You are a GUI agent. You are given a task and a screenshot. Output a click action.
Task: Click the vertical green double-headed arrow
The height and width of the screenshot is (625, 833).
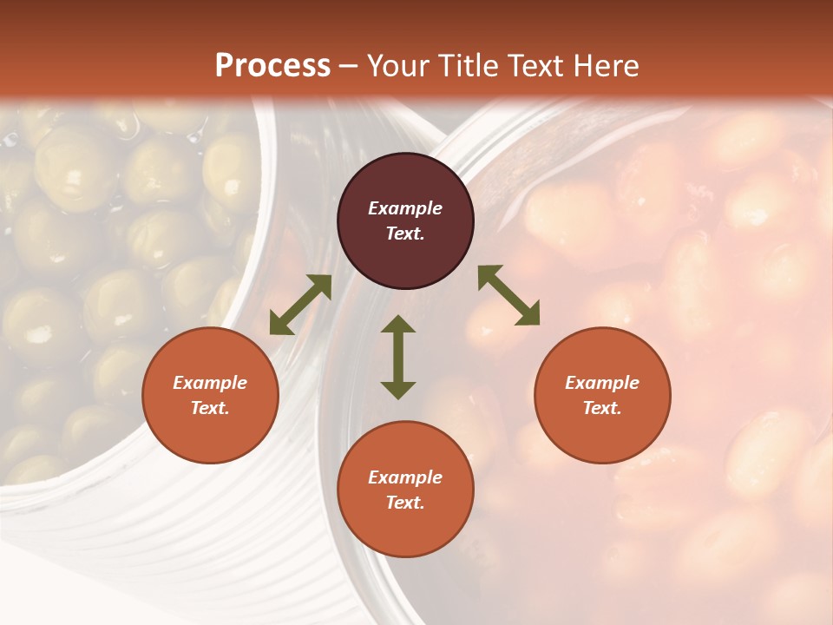click(398, 357)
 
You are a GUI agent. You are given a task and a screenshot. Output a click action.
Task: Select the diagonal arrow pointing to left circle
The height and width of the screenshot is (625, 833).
click(300, 305)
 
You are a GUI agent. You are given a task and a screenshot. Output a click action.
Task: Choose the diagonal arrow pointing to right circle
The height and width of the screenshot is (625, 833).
click(508, 296)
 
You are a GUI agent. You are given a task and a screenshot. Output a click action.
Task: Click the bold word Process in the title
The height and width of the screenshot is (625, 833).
click(272, 66)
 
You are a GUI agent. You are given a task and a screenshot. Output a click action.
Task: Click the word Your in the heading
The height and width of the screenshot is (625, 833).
click(397, 66)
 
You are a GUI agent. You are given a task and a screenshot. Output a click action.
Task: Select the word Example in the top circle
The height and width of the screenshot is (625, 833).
click(405, 208)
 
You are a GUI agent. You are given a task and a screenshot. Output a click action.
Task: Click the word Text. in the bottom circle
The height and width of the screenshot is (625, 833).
click(405, 503)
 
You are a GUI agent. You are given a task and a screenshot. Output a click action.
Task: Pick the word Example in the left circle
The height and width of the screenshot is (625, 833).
click(210, 383)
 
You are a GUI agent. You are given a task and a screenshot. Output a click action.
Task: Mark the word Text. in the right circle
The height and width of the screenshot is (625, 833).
click(602, 408)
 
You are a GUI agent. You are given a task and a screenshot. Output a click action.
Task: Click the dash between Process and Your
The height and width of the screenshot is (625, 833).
click(349, 67)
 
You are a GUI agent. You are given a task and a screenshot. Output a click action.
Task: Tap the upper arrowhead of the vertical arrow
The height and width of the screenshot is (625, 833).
click(398, 324)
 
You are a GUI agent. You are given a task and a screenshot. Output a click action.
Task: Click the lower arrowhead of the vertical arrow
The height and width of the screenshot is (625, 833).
click(398, 390)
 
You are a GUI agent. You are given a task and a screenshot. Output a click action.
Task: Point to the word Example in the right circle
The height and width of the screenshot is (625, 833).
click(602, 383)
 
